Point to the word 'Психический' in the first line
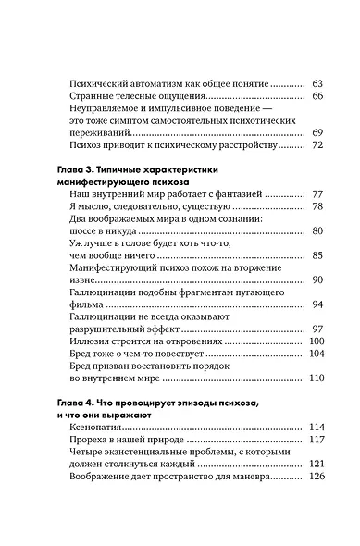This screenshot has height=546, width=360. click(101, 82)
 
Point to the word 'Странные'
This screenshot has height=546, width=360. click(93, 95)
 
